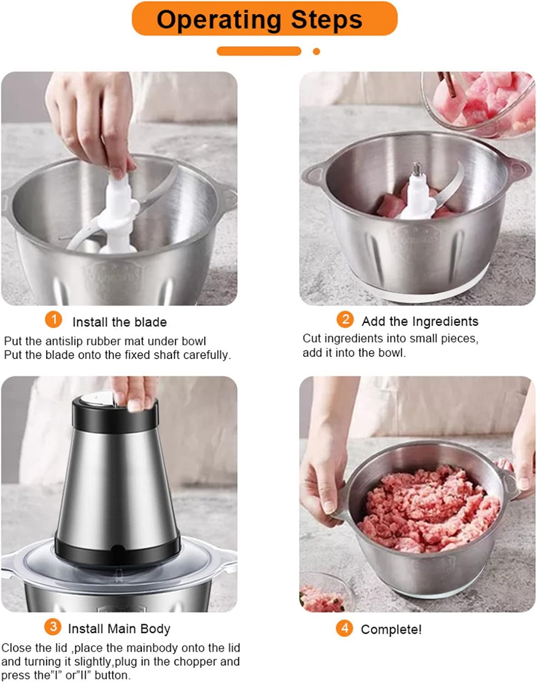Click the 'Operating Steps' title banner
264,19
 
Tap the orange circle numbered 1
53,320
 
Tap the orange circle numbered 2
345,319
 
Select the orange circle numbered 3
53,627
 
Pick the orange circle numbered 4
344,628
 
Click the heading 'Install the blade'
119,322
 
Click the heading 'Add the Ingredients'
420,321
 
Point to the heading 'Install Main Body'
119,629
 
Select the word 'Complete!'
391,630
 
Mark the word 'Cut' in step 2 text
312,339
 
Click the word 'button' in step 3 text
112,675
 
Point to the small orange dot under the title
317,51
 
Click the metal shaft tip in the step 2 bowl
416,168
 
